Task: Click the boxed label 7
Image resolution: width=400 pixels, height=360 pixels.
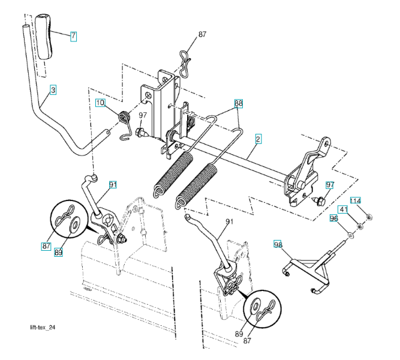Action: pos(73,36)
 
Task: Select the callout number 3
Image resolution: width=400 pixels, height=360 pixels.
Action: pos(53,90)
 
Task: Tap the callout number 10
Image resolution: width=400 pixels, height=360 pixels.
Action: pos(100,103)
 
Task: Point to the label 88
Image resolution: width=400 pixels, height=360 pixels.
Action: pos(239,103)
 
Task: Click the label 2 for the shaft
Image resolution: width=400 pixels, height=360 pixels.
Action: pos(258,138)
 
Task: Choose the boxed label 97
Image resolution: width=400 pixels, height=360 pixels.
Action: pos(329,185)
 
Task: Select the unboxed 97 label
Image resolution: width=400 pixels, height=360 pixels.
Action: pos(143,115)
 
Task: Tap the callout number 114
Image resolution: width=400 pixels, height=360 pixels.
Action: pos(355,200)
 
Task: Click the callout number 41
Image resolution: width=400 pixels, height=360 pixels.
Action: pos(343,210)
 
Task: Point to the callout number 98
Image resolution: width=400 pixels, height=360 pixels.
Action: pos(277,244)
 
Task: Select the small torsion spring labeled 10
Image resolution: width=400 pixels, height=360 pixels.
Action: pos(124,120)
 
